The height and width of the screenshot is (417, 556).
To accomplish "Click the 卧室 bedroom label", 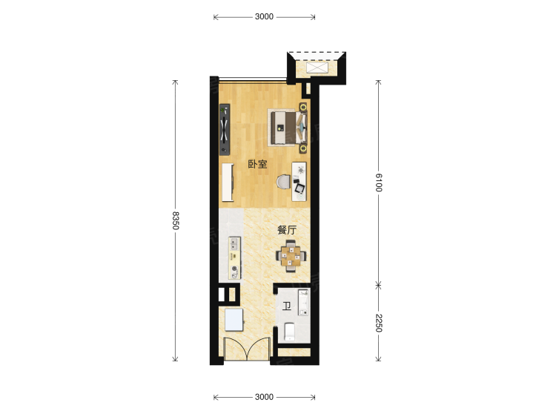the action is click(x=257, y=164).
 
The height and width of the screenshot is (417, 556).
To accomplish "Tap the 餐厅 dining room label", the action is click(x=286, y=230).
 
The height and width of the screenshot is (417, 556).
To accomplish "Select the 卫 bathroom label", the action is click(x=286, y=306).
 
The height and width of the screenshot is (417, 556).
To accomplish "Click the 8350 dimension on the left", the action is click(x=176, y=220).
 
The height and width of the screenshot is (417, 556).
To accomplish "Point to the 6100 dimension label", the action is click(x=378, y=183).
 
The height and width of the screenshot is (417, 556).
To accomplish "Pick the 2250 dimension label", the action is click(x=378, y=323).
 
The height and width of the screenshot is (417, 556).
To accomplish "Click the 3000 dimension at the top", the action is click(x=264, y=16).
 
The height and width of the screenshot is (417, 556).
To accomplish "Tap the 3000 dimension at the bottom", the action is click(x=264, y=397).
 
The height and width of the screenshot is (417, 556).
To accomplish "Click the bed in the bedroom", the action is click(x=287, y=128).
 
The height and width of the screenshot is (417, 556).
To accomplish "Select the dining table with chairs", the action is click(x=291, y=256).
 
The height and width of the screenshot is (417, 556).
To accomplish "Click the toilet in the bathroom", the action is click(x=290, y=332).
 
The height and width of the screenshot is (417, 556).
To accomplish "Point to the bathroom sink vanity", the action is click(x=303, y=303).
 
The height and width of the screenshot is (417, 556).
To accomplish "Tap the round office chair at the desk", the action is click(x=284, y=182).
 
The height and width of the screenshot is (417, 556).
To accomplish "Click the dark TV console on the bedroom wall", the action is click(x=225, y=130).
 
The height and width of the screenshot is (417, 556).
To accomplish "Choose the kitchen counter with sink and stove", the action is click(x=234, y=257).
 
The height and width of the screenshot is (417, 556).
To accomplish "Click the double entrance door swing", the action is click(x=247, y=349).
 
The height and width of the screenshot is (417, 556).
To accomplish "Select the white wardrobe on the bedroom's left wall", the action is click(x=228, y=182).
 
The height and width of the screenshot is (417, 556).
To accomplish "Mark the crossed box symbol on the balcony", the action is click(x=317, y=68).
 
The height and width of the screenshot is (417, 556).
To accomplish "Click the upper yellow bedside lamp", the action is click(x=303, y=107).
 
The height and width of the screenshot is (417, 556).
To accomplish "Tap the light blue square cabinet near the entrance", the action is click(x=234, y=320).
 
